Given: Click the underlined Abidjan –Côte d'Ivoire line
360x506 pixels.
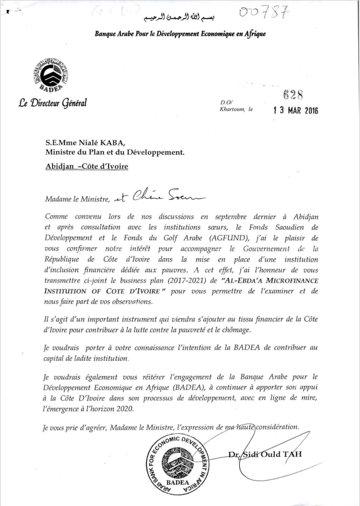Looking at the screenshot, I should (87, 166).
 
